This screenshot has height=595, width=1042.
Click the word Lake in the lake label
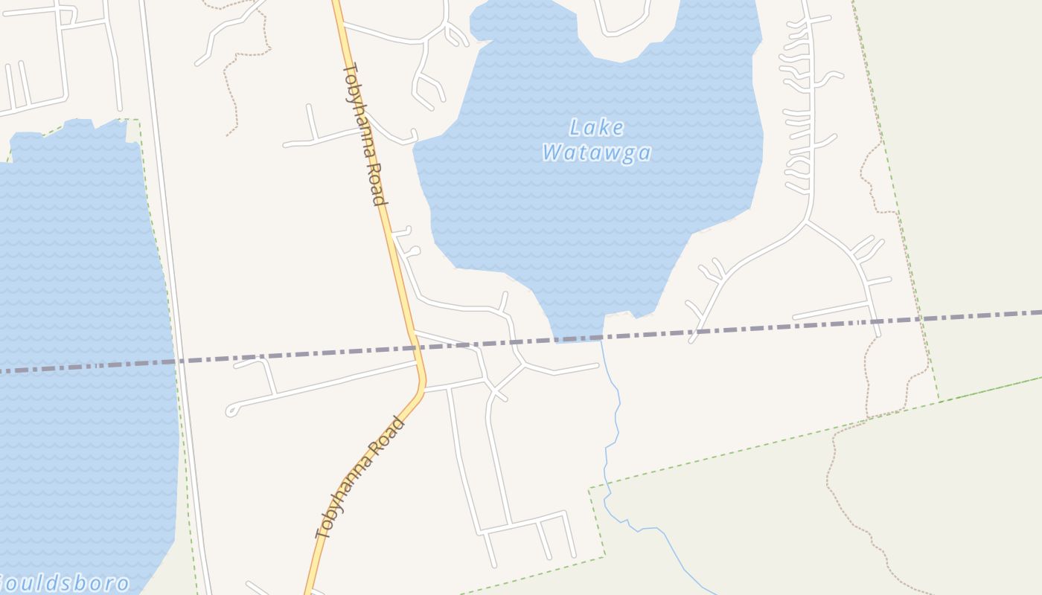point(596,127)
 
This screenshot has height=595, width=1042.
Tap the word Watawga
point(596,153)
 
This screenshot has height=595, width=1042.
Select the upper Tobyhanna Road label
point(364,134)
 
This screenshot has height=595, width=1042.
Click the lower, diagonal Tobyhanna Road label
point(361,477)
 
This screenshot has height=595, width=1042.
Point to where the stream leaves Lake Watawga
point(601,341)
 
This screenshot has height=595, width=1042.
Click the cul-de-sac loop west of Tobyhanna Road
point(231,410)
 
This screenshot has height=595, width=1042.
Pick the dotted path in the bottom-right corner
point(856,521)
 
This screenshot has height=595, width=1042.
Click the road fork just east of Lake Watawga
point(806,221)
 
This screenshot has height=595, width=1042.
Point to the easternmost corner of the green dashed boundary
point(939,399)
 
